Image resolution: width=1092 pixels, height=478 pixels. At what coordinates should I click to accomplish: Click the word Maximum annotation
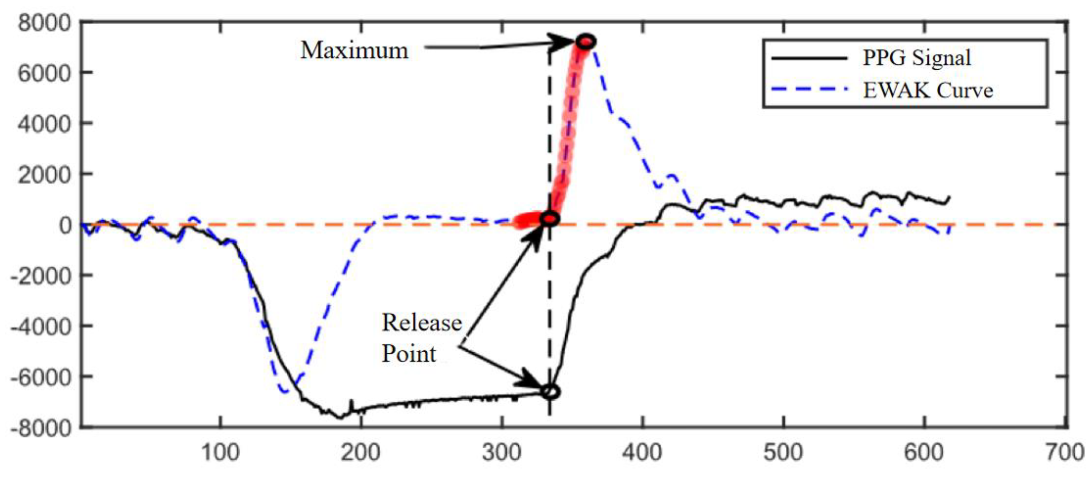point(354,51)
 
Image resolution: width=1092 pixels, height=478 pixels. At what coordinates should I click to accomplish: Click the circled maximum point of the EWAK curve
point(586,42)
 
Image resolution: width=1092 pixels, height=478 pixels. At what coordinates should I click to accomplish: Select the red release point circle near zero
point(550,219)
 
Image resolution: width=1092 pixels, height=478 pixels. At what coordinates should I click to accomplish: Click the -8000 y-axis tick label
point(41,428)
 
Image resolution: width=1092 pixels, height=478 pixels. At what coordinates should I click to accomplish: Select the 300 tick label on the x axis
point(501,452)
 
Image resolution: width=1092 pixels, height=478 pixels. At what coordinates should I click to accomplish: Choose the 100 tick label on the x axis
point(220,452)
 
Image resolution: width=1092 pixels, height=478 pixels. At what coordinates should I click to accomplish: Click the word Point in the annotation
point(409,354)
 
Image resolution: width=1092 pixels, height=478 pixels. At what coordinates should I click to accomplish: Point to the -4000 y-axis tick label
point(41,326)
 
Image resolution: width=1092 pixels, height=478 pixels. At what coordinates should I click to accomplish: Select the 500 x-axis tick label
point(783,452)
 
